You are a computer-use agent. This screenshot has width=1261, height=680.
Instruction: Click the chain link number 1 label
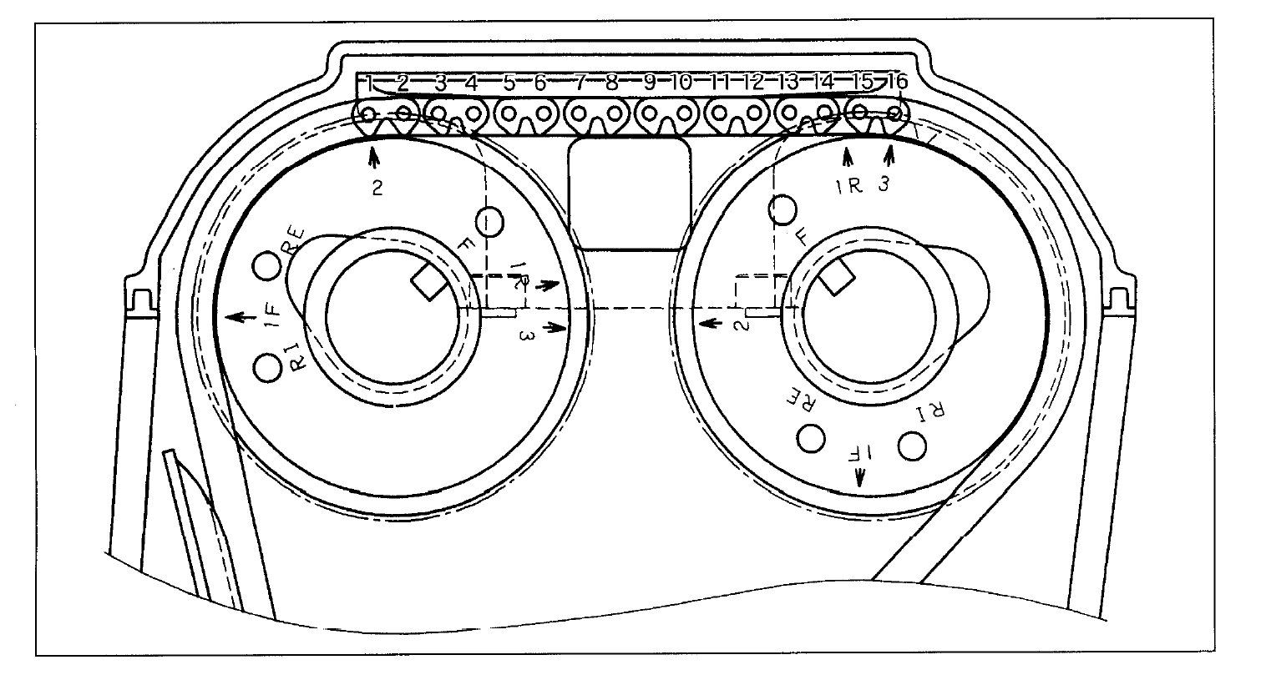(368, 82)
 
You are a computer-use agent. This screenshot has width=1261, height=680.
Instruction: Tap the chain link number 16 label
(897, 82)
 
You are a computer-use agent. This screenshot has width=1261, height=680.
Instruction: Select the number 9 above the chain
(649, 82)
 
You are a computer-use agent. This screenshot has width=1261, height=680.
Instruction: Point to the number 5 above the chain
(509, 82)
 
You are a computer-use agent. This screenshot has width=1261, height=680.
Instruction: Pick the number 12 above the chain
(754, 82)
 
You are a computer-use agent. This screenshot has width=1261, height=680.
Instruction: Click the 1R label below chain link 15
(849, 186)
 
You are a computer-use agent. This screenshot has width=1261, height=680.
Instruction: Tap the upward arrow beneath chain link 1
(373, 156)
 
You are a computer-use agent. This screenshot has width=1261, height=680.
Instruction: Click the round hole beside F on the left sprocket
(489, 221)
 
